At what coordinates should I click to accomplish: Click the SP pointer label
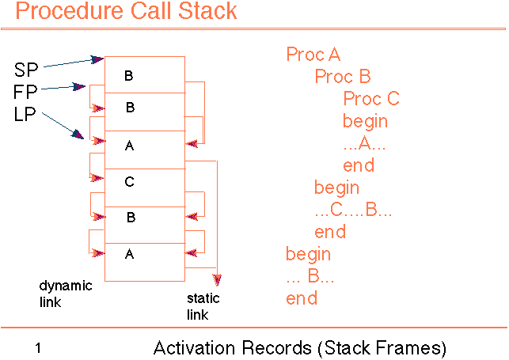26,68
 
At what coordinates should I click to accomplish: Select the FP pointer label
25,91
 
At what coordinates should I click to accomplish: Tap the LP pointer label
25,114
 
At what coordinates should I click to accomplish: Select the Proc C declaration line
371,99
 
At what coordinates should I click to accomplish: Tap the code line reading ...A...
363,143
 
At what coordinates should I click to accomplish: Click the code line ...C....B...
353,210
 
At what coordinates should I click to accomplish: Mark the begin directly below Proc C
365,121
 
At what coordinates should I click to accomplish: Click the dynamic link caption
65,294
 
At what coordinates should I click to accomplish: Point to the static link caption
203,307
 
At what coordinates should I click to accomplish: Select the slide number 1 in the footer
38,347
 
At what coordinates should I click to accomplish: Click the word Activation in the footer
189,347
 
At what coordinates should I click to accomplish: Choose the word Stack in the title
208,12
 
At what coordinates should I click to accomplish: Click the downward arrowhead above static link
217,280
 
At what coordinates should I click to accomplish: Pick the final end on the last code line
302,298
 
